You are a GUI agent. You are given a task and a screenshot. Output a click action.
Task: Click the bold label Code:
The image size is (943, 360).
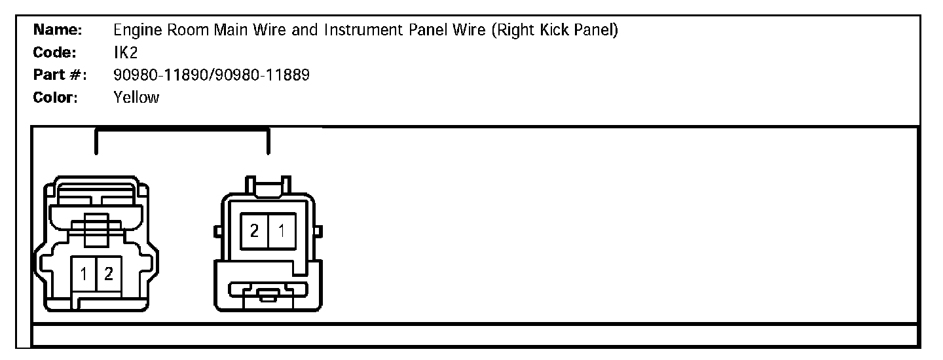point(56,52)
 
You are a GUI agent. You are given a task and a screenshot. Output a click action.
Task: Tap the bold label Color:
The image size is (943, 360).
point(56,98)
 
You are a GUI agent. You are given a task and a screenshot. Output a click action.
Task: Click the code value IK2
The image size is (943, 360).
point(125,52)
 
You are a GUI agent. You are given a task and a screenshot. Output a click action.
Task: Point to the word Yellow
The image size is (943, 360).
point(136,98)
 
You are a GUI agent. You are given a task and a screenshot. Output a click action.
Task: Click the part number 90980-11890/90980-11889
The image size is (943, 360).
point(212,75)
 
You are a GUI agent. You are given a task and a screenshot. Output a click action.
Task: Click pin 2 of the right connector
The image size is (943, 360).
point(253,230)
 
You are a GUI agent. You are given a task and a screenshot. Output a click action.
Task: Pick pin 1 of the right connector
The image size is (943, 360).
point(282,230)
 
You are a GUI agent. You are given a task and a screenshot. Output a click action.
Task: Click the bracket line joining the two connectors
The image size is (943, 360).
point(181,130)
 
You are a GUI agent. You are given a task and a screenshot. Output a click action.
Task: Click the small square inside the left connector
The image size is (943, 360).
point(96,223)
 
